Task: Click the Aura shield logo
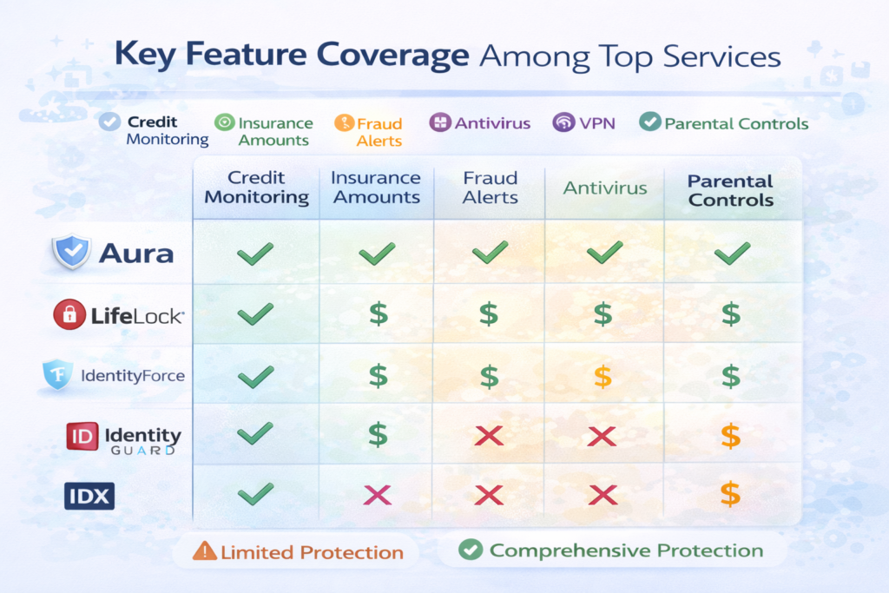point(71,253)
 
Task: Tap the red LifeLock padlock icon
point(69,314)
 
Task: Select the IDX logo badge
point(89,496)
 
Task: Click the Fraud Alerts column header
point(490,187)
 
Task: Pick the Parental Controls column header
point(730,190)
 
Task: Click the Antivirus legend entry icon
point(439,122)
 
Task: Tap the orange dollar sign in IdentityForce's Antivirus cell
point(602,376)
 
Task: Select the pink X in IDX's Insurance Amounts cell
point(378,495)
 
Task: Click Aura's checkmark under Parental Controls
point(731,254)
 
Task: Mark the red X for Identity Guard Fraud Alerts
point(490,435)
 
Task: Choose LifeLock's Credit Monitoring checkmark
point(255,314)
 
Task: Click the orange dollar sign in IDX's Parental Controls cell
point(731,495)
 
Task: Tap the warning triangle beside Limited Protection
point(206,551)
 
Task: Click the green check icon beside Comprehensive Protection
point(470,550)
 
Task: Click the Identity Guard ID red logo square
point(82,436)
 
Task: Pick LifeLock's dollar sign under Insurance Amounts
point(378,314)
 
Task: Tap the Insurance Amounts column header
point(375,187)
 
